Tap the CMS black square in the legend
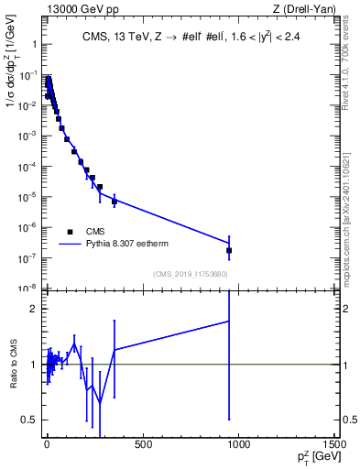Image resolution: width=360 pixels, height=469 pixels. (70, 233)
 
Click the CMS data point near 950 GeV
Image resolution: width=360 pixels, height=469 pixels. (229, 250)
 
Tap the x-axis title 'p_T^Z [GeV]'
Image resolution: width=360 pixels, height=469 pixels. (314, 457)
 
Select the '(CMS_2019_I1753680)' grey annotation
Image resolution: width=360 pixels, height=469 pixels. (190, 273)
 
